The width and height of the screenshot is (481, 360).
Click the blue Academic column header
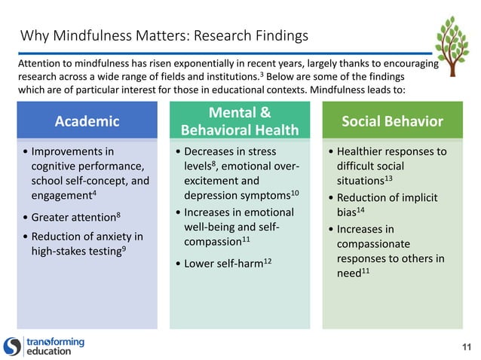(x=87, y=121)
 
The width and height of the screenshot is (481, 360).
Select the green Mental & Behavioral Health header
(x=240, y=121)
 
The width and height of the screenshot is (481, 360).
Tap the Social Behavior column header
(x=392, y=121)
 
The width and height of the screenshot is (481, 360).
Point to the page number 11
(x=465, y=346)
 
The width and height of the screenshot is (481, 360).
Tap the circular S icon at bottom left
(x=13, y=346)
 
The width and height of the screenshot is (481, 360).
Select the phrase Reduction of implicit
(x=384, y=198)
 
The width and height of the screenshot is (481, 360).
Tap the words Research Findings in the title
(x=251, y=35)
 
